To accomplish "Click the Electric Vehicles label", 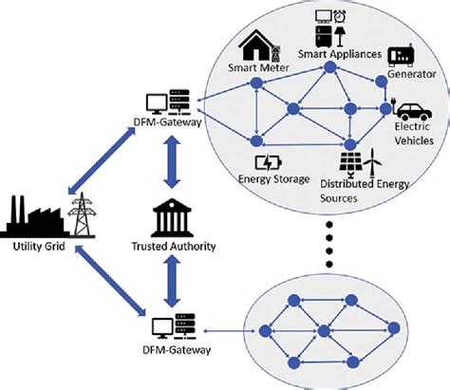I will (414, 133).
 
